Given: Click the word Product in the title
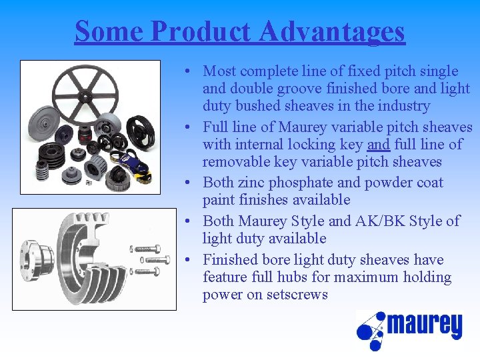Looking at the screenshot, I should tap(201, 31).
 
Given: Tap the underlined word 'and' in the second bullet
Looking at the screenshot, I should tap(378, 144).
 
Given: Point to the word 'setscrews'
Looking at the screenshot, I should tap(296, 295).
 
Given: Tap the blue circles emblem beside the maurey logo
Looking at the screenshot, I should tap(371, 330).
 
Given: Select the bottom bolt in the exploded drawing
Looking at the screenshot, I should tap(151, 271).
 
